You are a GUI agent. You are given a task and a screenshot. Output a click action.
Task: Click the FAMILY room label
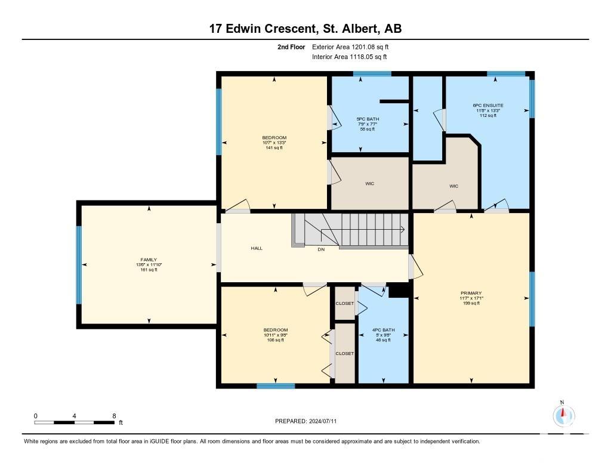point(149,260)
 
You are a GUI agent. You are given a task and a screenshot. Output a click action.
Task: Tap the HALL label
point(257,248)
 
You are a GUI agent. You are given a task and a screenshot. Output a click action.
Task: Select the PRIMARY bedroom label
point(471,293)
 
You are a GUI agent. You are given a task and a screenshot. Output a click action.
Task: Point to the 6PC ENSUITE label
point(488,105)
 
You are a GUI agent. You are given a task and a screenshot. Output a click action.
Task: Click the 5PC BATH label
point(368,119)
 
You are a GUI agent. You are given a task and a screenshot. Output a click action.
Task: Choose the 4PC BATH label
point(384,330)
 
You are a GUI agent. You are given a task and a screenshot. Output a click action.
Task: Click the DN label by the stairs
point(321,249)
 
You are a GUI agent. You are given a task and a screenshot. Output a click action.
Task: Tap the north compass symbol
point(563,415)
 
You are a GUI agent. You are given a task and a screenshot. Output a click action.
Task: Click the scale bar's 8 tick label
point(114,416)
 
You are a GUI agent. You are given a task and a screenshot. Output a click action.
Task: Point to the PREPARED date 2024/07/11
point(323,421)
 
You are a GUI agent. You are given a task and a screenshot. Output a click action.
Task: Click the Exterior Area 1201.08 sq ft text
point(350,47)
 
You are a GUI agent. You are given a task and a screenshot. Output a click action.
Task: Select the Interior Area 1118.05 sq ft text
point(350,57)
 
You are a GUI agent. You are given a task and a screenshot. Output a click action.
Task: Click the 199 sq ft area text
point(471,303)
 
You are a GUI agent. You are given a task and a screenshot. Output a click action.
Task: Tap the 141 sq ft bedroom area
point(274,148)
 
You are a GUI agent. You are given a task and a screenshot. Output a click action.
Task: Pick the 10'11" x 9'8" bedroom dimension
point(276,335)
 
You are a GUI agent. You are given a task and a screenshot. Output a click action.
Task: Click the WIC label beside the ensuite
point(453,186)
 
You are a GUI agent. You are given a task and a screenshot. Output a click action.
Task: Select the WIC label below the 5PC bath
point(369,184)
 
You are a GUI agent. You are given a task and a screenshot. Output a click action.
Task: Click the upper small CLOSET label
point(345,303)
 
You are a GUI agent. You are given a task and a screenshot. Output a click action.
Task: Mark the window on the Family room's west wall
point(79,265)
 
